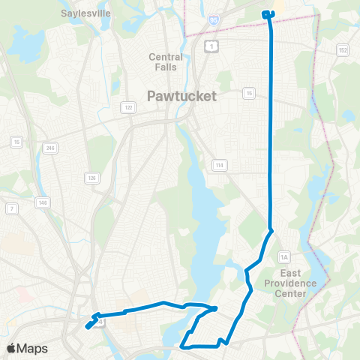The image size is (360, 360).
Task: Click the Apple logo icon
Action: [13, 348]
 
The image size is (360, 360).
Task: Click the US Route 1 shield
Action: [212, 46]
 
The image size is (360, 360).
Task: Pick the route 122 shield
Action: [129, 108]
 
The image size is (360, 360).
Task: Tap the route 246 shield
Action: [50, 147]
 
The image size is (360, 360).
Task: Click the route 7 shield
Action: [11, 207]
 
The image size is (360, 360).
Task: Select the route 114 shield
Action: [219, 165]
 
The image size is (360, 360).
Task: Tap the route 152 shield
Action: [343, 50]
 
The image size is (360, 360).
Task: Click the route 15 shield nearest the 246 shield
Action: [16, 141]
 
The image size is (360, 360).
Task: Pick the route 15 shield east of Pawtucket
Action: [248, 93]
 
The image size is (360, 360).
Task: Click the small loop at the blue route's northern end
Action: [268, 13]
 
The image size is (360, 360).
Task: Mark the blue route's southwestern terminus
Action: [88, 326]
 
